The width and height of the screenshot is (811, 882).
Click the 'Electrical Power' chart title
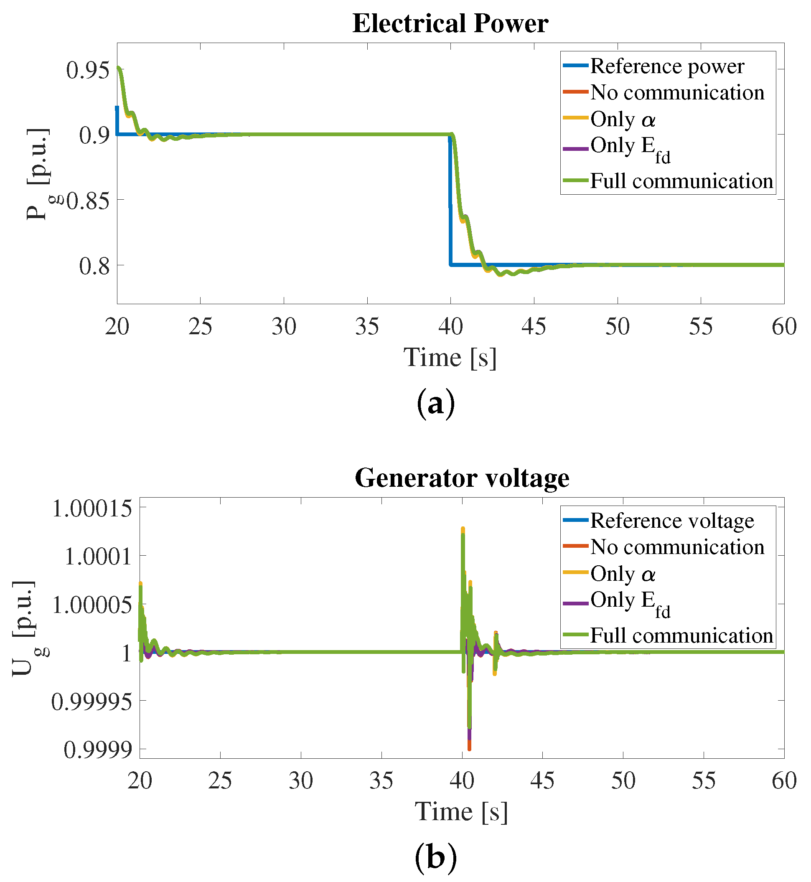pos(450,23)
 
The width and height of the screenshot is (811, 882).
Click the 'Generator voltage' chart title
pos(462,478)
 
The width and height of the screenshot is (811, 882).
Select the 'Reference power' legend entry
pos(667,66)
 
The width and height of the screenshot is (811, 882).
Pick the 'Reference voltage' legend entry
pos(672,521)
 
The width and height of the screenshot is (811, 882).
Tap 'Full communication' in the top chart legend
pos(681,181)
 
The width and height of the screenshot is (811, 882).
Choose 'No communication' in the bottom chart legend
pos(677,547)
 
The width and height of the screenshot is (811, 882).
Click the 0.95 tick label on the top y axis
pos(87,70)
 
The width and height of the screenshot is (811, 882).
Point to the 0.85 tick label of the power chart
pos(87,201)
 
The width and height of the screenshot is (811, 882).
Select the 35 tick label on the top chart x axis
pos(367,327)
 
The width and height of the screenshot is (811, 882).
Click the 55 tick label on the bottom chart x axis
pos(704,781)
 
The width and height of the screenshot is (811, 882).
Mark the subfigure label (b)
pos(435,857)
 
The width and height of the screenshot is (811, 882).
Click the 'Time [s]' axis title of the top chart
pos(450,358)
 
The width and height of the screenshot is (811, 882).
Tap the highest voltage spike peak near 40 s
pos(463,529)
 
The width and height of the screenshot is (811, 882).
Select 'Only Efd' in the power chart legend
pos(630,148)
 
